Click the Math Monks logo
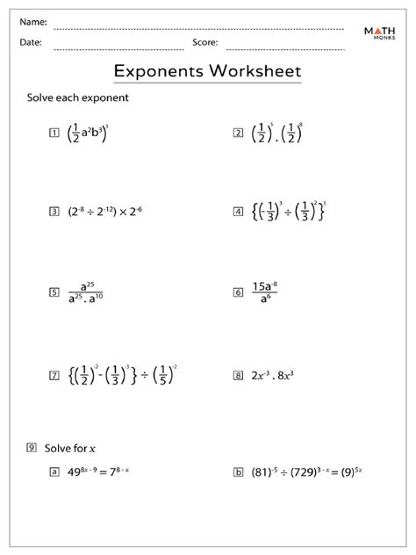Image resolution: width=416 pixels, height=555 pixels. (383, 35)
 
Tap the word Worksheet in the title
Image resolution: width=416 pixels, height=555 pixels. (255, 69)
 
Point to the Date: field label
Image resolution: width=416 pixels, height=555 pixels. (32, 41)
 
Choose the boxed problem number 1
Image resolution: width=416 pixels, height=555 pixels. (54, 133)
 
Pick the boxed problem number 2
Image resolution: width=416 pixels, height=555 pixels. (237, 133)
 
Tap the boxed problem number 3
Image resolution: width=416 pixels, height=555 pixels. (54, 212)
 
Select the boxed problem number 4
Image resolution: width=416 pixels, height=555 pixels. (237, 212)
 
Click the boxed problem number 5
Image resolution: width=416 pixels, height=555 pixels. (54, 293)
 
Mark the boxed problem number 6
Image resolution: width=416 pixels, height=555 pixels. (237, 293)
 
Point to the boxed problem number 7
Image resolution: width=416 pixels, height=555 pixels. (54, 375)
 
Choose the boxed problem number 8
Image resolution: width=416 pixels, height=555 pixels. (237, 375)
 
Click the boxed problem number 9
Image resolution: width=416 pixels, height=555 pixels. (32, 449)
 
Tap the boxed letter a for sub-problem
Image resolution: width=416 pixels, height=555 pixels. (54, 472)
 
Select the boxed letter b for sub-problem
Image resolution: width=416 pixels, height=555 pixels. (237, 472)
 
